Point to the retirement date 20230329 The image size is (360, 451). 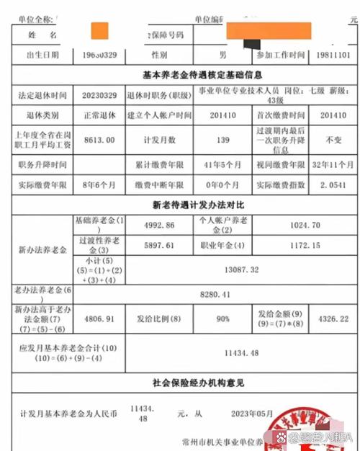[x=94, y=95]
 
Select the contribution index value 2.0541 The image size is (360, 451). [x=329, y=185]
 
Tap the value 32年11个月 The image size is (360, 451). [x=329, y=164]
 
